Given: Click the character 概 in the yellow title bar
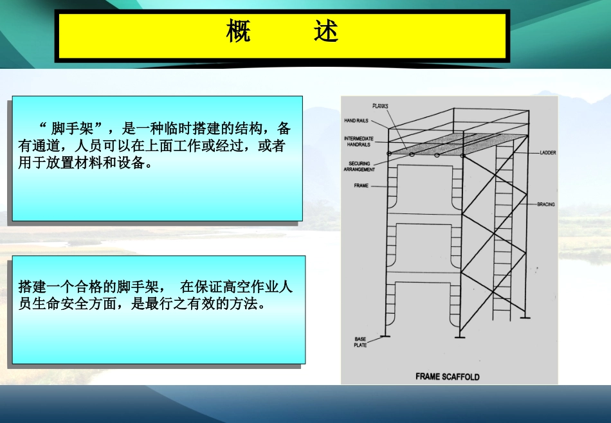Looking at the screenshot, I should [238, 31].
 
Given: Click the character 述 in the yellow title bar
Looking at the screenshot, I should [326, 31].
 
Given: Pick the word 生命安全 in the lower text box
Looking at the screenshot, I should [62, 304].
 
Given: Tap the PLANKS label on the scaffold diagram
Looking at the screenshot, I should [381, 105].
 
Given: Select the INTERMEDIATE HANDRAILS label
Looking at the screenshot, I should [358, 141].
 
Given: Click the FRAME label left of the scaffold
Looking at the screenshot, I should [361, 186].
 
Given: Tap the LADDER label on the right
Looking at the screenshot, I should [548, 153].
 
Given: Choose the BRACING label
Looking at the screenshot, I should [545, 204].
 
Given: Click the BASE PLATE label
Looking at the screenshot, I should [360, 342].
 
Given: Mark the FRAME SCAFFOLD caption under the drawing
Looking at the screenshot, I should [447, 377].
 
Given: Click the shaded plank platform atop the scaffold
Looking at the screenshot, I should [450, 143].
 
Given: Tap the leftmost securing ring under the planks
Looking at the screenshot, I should [389, 154].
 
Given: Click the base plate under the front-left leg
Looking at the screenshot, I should [385, 334].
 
